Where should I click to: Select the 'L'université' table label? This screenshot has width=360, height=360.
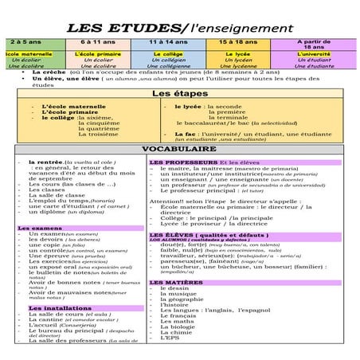click(x=314, y=54)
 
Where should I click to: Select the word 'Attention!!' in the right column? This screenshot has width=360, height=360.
click(x=166, y=202)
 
